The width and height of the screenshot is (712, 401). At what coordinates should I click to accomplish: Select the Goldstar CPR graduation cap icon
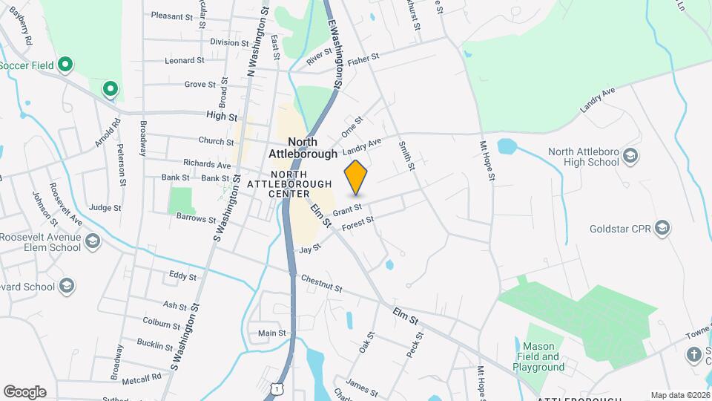pos(663,228)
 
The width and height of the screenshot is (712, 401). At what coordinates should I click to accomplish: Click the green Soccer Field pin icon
pos(65,65)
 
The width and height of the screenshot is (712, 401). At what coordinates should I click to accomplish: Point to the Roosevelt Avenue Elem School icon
pos(93,242)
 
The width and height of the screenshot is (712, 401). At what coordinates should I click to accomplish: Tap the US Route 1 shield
pos(277,388)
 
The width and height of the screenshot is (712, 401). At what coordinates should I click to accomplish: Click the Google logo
pos(24,392)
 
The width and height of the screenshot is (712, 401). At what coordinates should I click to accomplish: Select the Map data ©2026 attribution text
pos(679,395)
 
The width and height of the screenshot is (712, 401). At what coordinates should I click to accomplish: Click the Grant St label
pos(346,211)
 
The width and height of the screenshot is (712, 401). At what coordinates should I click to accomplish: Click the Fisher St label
pos(363,56)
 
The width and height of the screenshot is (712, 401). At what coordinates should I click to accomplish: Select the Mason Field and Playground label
pos(540,356)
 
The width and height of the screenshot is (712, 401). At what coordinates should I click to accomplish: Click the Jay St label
pos(309,249)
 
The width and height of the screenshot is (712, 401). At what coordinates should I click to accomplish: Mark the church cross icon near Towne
pos(694,353)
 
